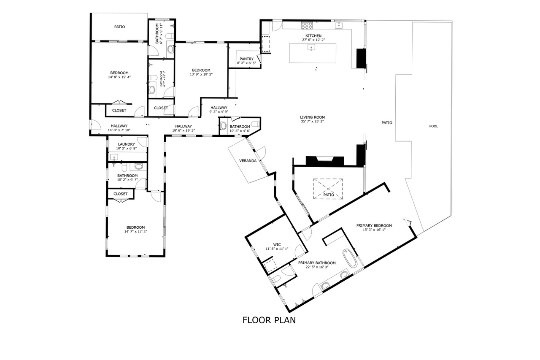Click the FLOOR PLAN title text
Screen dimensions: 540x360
coord(269,320)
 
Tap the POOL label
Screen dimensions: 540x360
coord(433,126)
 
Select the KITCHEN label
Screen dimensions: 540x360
coord(313,36)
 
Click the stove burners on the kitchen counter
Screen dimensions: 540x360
coord(307,25)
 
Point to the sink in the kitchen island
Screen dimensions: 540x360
coord(311,47)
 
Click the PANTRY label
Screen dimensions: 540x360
coord(246,59)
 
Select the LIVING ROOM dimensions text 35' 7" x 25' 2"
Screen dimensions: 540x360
coord(312,122)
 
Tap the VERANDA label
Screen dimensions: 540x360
coord(248,161)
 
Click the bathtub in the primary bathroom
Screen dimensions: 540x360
coord(350,258)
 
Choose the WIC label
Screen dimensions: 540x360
coord(277,244)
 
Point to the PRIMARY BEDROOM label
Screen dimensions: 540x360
coord(374,225)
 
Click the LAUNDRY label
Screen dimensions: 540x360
coord(126,144)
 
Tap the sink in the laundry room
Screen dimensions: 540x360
coord(114,157)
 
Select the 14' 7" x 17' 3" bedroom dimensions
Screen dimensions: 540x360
coord(135,231)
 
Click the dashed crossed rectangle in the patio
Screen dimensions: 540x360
coord(328,189)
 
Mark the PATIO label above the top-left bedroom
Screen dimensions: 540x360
coord(119,27)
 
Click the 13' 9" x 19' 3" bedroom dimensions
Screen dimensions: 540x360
coord(201,74)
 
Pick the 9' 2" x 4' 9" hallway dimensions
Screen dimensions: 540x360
coord(219,112)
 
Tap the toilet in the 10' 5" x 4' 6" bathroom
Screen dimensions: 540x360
coord(256,124)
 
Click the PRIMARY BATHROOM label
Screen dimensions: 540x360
coord(317,263)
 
